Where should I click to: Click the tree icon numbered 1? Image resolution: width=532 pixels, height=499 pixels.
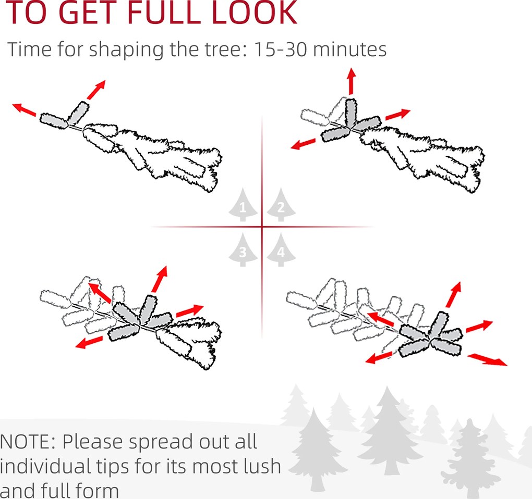[243, 205]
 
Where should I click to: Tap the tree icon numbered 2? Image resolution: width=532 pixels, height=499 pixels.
[281, 205]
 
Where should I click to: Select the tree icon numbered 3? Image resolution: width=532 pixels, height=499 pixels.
[243, 250]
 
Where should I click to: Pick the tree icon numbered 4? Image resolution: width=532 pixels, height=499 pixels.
[281, 250]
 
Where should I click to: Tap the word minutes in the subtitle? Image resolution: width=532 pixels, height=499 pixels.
[350, 49]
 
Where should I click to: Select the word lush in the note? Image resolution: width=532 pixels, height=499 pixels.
[262, 466]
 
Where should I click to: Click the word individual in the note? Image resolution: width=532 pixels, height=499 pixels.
[45, 466]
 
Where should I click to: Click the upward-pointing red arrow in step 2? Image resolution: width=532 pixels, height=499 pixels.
[352, 81]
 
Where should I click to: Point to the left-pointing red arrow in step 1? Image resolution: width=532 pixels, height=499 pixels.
[24, 110]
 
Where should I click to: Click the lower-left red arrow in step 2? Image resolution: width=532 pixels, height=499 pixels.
[304, 144]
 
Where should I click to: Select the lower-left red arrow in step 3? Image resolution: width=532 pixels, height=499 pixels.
[89, 343]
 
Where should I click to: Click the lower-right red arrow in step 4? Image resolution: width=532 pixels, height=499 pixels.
[488, 360]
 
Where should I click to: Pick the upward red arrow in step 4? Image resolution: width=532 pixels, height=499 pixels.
[454, 294]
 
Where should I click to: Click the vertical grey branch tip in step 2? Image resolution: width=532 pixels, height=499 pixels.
[351, 113]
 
